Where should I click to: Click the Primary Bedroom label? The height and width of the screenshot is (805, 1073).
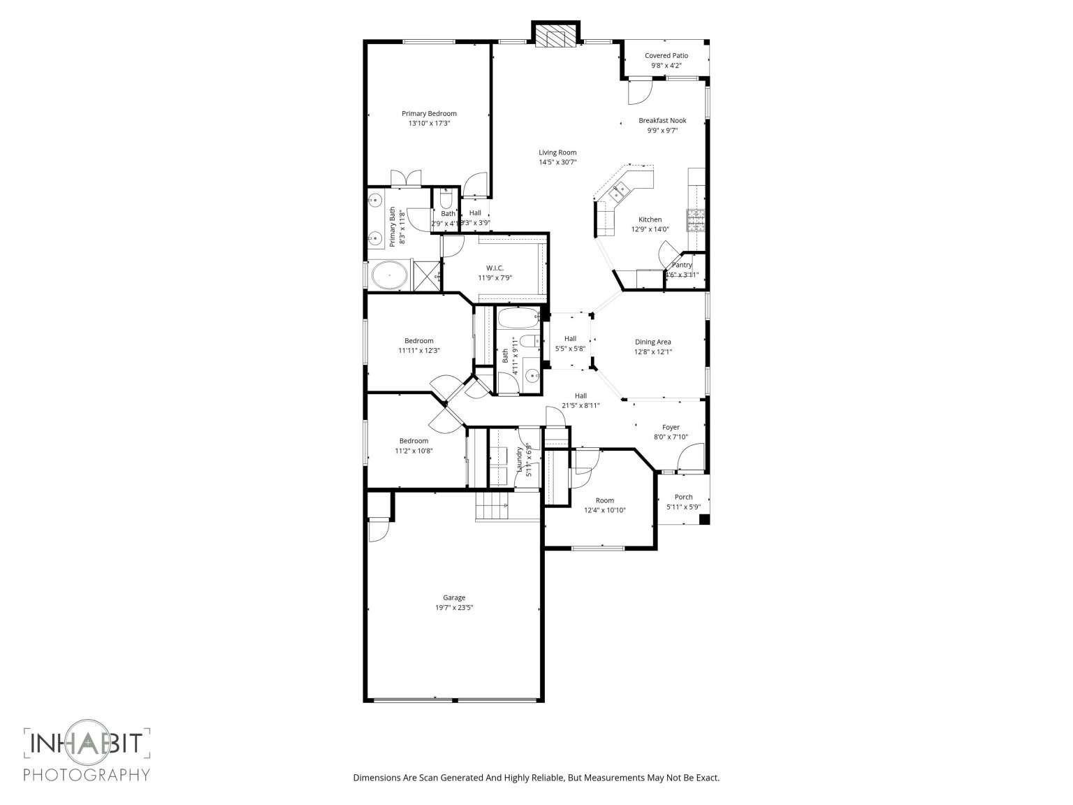coord(429,114)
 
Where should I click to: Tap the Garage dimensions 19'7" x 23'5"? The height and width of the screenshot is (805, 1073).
coord(454,608)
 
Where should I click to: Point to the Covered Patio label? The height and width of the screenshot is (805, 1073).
coord(666,56)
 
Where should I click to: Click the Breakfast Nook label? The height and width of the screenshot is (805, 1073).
coord(662,121)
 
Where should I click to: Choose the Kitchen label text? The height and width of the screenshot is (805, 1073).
coord(650,219)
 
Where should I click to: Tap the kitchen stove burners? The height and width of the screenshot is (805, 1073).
coord(696,221)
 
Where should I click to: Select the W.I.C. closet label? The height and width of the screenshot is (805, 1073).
coord(495,268)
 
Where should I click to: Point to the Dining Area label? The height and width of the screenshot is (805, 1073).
coord(652,342)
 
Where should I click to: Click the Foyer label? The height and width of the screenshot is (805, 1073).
coord(671,428)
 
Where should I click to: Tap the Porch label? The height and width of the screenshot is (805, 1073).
coord(683,498)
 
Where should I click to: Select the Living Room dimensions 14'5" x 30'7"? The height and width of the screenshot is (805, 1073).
coord(557,162)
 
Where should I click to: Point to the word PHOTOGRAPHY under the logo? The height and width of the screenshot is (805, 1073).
coord(87,774)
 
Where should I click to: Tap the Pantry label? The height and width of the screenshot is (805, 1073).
coord(681,266)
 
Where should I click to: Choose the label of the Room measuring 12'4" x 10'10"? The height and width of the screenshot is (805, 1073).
coord(604,500)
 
